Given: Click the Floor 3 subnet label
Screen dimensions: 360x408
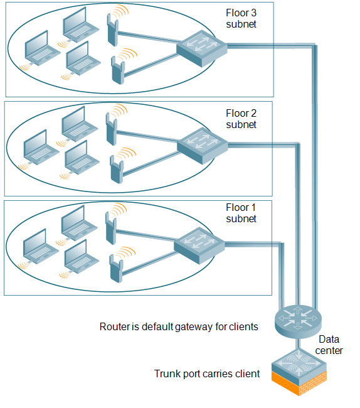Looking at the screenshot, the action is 241,18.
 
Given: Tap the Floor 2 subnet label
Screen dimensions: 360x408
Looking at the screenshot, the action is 241,119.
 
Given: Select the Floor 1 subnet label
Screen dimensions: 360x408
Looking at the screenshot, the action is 241,213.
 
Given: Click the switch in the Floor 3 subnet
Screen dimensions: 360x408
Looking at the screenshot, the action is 202,48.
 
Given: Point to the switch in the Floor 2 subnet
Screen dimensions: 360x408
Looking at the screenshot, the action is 202,146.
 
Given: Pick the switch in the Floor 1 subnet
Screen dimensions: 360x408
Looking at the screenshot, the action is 199,245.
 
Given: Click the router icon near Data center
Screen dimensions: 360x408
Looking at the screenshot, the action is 298,321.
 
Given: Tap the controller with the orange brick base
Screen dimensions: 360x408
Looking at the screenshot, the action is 299,372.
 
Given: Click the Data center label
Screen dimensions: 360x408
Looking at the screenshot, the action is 329,345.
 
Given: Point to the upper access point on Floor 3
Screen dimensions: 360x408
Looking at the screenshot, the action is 113,30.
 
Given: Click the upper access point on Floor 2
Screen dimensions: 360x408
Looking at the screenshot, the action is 112,129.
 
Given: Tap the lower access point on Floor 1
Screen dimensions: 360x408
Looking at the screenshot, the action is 116,269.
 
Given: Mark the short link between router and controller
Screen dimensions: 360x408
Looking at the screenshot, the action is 299,345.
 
